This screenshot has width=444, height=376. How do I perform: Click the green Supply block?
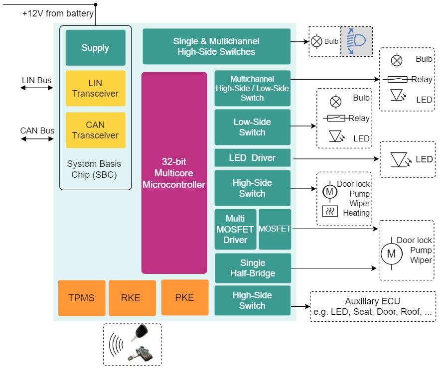point(95,48)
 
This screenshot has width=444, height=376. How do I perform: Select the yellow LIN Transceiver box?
point(95,88)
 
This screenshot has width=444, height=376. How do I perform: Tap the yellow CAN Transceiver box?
point(95,130)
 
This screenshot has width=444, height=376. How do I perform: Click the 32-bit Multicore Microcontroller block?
point(174,173)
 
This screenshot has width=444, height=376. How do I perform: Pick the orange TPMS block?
point(82,298)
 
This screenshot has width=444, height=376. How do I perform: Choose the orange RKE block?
point(132,298)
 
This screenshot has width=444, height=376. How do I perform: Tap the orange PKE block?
point(184,297)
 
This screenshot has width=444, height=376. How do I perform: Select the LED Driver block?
point(252,158)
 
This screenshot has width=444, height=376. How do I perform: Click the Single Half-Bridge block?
point(253,268)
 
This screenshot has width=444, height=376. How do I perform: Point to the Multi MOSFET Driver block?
point(235,229)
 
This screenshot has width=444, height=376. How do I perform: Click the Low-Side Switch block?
point(252,127)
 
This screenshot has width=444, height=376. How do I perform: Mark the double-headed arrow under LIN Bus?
point(36,88)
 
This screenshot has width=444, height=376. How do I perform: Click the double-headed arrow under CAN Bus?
point(36,139)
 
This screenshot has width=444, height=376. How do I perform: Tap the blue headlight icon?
point(356,41)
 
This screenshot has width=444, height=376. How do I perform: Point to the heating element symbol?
point(329,211)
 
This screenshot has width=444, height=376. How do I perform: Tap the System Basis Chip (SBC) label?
point(94,169)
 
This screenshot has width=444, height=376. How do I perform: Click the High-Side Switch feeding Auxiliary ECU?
point(252,300)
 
